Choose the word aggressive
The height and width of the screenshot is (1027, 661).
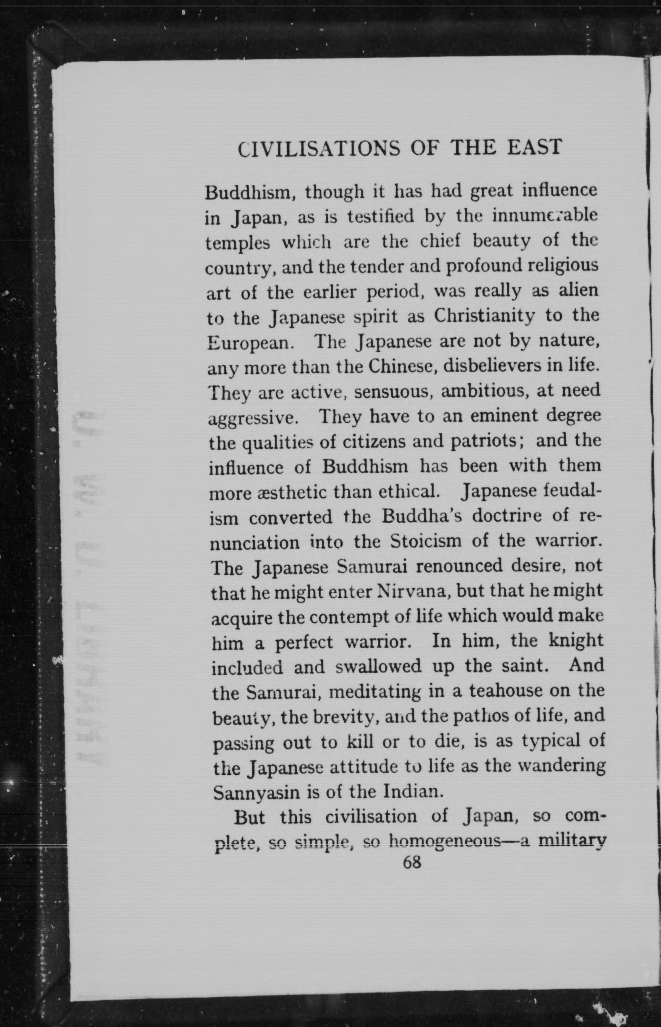253,418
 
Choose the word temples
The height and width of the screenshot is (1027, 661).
237,243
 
